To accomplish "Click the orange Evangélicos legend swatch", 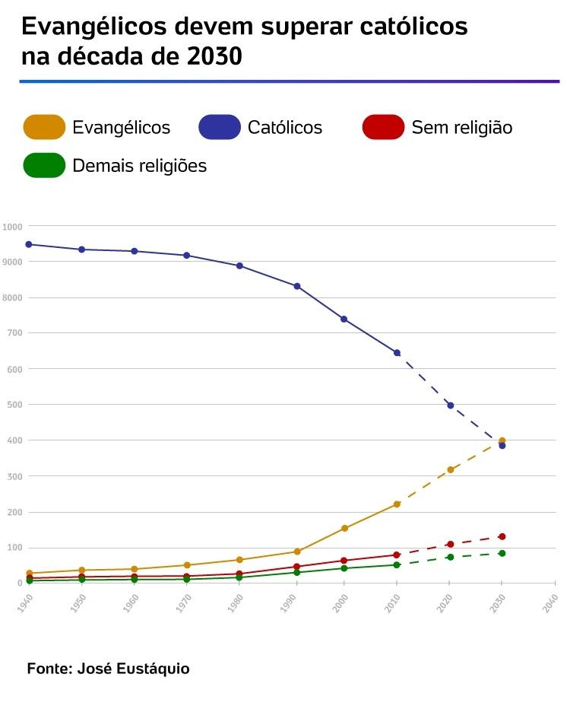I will point(45,127).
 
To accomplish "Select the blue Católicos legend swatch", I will point(220,127).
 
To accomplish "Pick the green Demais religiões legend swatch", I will point(45,165).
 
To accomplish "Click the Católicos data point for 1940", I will point(29,244).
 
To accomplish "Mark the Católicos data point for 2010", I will point(397,353).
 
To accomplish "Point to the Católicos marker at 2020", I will point(450,405).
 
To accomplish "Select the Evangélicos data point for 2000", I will point(344,528).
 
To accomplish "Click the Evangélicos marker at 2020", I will point(450,469).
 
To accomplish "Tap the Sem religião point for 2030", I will point(502,536).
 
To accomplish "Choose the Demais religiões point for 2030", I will point(502,553).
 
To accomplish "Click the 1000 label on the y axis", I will point(12,227).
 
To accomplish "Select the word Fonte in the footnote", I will point(48,669).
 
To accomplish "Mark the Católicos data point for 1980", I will point(239,265).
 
